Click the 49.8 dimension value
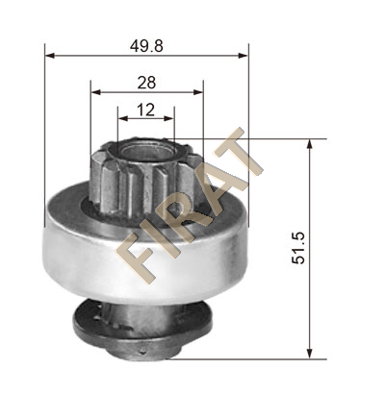click(146, 46)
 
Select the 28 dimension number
click(146, 83)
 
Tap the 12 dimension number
click(146, 111)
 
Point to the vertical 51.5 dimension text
click(298, 248)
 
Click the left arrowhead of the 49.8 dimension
click(50, 56)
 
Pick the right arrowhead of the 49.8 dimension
click(244, 56)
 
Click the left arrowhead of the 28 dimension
click(96, 92)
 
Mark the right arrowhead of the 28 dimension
click(198, 92)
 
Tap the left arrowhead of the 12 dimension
click(123, 118)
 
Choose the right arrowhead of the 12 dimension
click(168, 118)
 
